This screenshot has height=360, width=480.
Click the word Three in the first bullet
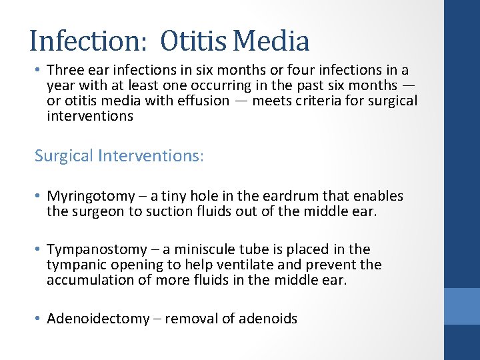(65, 71)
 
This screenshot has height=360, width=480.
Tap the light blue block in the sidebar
(462, 306)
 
